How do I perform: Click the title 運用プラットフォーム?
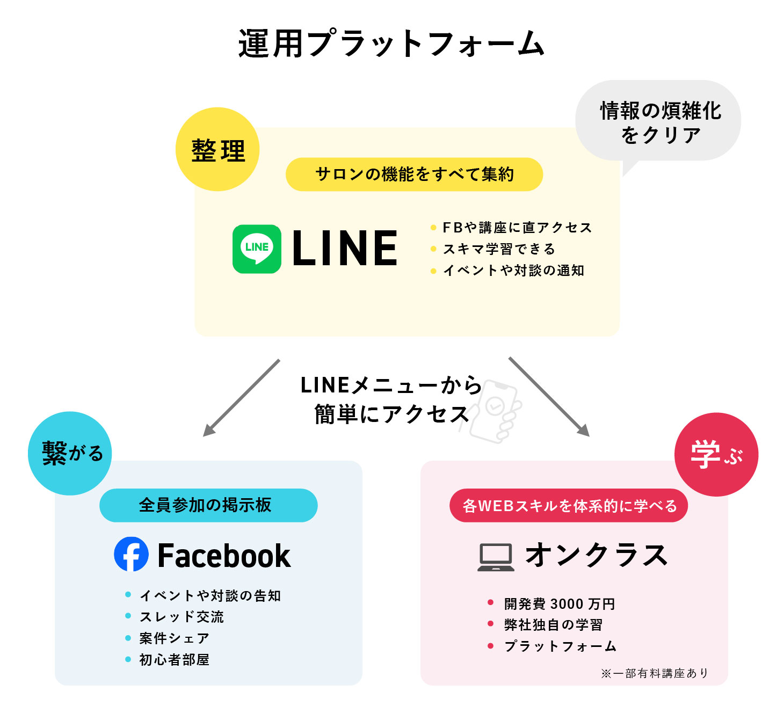[x=391, y=44]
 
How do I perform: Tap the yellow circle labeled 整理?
[x=217, y=149]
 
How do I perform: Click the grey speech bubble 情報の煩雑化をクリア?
[x=659, y=121]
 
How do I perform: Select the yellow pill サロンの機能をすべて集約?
[x=414, y=174]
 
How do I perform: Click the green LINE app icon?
[x=257, y=249]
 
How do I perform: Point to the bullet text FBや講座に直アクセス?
[x=517, y=228]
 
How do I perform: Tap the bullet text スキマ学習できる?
[x=498, y=249]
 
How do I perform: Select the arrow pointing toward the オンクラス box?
[x=549, y=396]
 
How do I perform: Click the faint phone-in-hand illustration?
[x=495, y=411]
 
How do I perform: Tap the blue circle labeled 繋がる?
[x=70, y=453]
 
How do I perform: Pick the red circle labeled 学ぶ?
[x=716, y=454]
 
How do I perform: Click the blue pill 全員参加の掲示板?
[x=208, y=505]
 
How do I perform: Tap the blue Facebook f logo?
[x=131, y=554]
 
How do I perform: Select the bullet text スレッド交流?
[x=182, y=617]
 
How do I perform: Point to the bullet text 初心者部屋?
[x=174, y=660]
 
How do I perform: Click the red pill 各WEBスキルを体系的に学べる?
[x=568, y=506]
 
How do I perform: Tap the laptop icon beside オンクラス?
[x=496, y=557]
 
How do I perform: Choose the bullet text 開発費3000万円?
[x=559, y=604]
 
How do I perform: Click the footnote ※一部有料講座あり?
[x=655, y=673]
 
